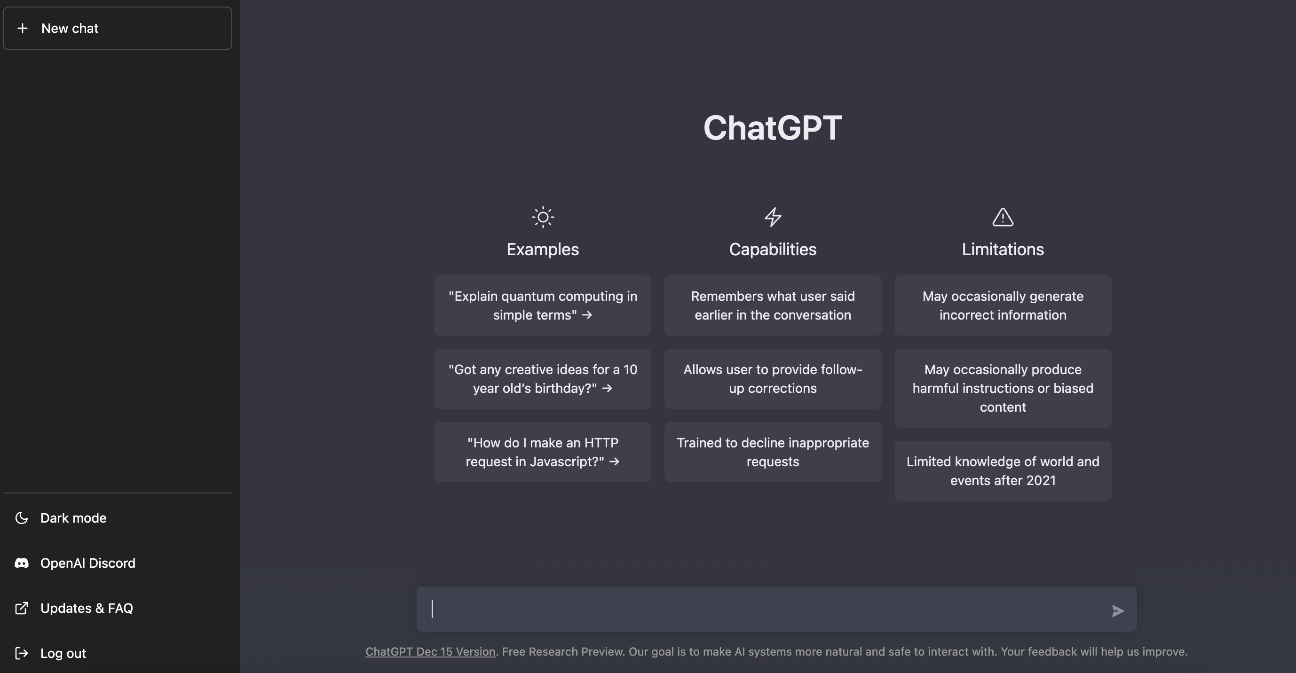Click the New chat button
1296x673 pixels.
[117, 28]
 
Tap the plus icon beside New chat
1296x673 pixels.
[23, 28]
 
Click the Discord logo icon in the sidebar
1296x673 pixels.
[22, 563]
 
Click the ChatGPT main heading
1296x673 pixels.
[773, 127]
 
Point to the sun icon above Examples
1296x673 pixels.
[543, 217]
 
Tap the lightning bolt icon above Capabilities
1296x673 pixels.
[773, 217]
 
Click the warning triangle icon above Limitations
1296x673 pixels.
[1003, 217]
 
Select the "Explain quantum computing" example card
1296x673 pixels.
[543, 305]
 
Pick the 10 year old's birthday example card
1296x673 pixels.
[543, 379]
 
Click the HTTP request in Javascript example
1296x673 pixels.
[543, 452]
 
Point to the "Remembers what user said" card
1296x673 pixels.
[773, 305]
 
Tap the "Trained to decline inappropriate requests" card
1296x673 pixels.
[773, 452]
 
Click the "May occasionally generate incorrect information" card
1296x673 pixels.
[1003, 305]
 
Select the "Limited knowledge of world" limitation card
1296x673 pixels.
[1003, 471]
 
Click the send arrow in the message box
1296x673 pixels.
[1117, 610]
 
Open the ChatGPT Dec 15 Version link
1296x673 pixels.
[430, 651]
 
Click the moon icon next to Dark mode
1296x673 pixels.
[22, 518]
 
